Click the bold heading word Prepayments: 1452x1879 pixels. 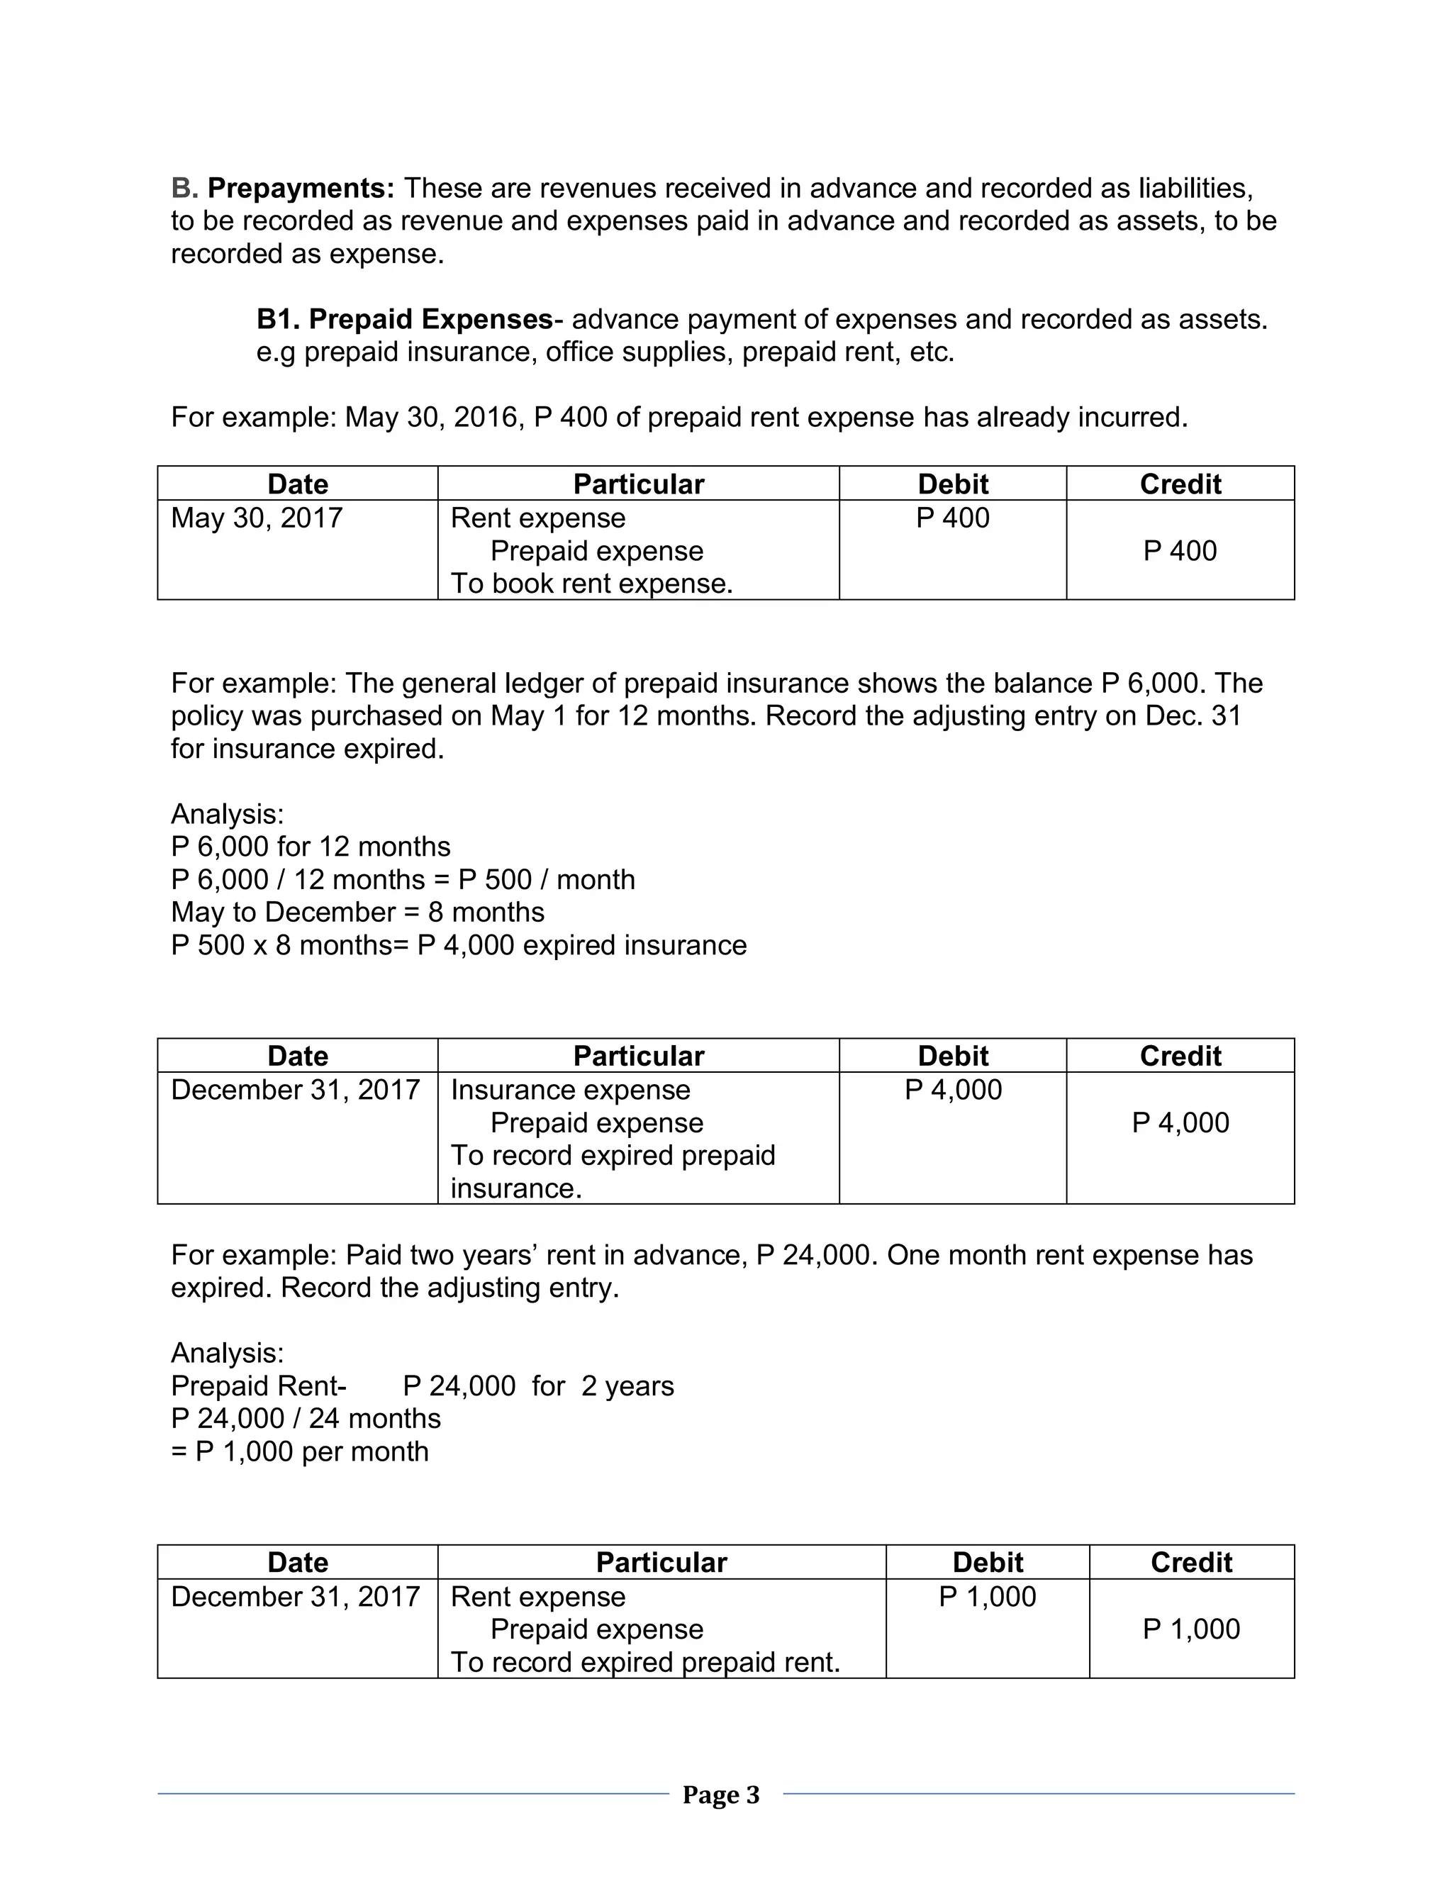[x=301, y=188]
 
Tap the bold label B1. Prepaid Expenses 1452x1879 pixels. [x=404, y=319]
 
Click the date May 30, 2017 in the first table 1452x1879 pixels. [x=257, y=518]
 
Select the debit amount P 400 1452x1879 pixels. [x=952, y=518]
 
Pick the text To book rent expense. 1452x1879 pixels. [x=592, y=584]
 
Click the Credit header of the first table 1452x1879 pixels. [x=1180, y=484]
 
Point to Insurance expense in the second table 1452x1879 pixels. [x=570, y=1089]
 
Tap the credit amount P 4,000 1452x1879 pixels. [x=1180, y=1122]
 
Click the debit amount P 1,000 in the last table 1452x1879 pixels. [x=988, y=1597]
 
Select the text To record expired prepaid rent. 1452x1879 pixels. [x=645, y=1662]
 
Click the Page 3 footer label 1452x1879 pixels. [x=721, y=1795]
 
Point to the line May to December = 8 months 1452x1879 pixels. [x=358, y=912]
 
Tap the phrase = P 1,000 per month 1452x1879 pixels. [x=300, y=1451]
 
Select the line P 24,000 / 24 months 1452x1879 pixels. [x=306, y=1419]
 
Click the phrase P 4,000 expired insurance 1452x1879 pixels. [x=582, y=944]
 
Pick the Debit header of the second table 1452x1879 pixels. [x=952, y=1056]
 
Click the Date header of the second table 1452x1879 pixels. [x=298, y=1056]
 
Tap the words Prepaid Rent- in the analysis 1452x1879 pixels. [x=259, y=1386]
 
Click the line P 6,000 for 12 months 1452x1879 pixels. [x=311, y=847]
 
